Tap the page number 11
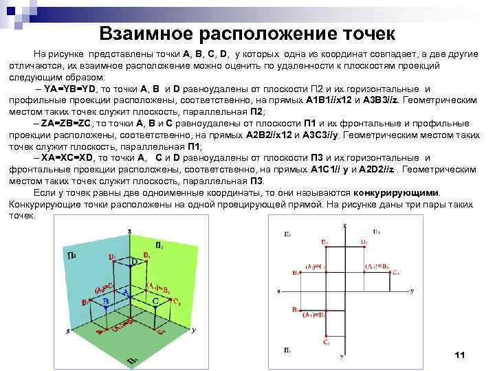[460, 355]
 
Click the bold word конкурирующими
[395, 193]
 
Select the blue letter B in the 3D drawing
[105, 302]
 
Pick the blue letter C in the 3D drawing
[155, 302]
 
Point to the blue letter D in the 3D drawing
[135, 263]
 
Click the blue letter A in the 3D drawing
[126, 291]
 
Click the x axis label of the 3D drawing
[67, 331]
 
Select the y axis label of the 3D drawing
[194, 330]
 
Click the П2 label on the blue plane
[71, 256]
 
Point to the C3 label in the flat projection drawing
[397, 273]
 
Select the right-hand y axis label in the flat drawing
[411, 291]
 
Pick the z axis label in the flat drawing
[344, 227]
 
